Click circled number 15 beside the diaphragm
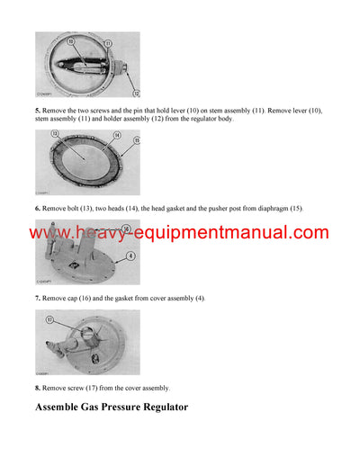point(137,140)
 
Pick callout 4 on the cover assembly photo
point(132,255)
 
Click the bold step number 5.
point(39,110)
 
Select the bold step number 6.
point(39,208)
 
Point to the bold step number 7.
point(39,297)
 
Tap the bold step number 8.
point(39,388)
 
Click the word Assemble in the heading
point(66,408)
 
